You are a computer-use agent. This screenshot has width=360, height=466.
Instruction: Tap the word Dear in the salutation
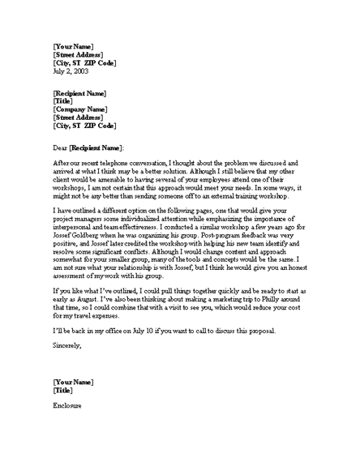point(60,147)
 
